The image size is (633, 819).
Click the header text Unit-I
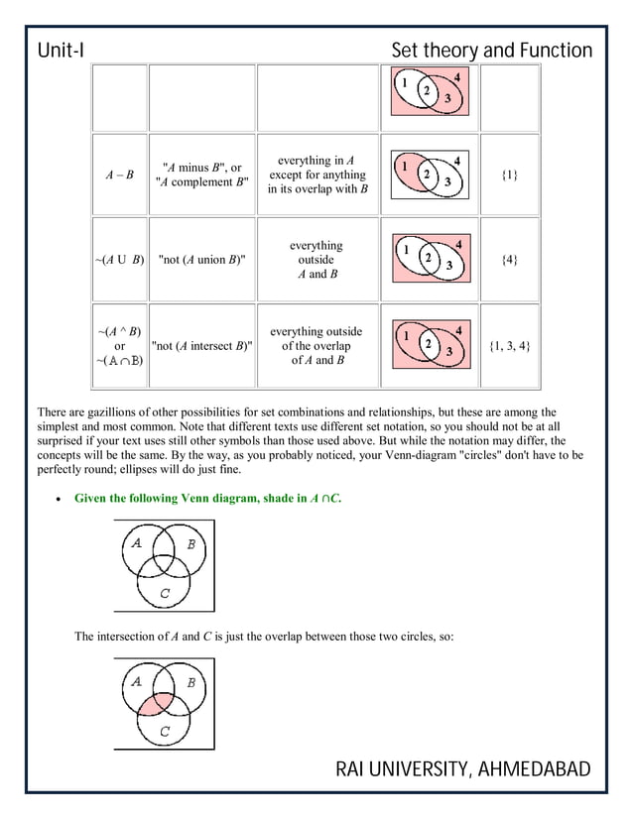(x=64, y=51)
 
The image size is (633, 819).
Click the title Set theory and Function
(x=491, y=51)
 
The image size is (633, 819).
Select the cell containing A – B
(x=120, y=175)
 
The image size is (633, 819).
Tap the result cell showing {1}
(x=508, y=175)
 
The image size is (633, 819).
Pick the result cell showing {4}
(x=508, y=260)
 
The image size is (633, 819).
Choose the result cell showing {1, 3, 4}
(x=508, y=346)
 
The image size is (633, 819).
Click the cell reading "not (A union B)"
(x=201, y=260)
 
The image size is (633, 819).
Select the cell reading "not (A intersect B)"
(x=201, y=346)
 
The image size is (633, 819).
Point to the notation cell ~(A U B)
(x=120, y=260)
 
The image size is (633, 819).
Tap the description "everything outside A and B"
(x=316, y=260)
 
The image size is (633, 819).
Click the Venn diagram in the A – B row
(x=429, y=175)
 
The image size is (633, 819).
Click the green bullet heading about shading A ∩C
(x=208, y=498)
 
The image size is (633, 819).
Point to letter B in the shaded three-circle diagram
(x=190, y=683)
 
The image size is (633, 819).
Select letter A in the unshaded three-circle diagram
(x=136, y=542)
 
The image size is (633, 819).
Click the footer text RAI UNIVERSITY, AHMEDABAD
(x=462, y=769)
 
